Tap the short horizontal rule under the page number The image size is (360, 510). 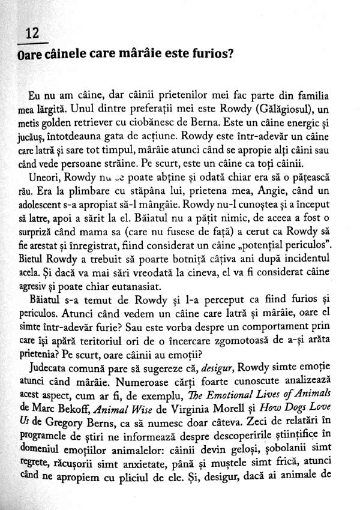(x=32, y=44)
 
